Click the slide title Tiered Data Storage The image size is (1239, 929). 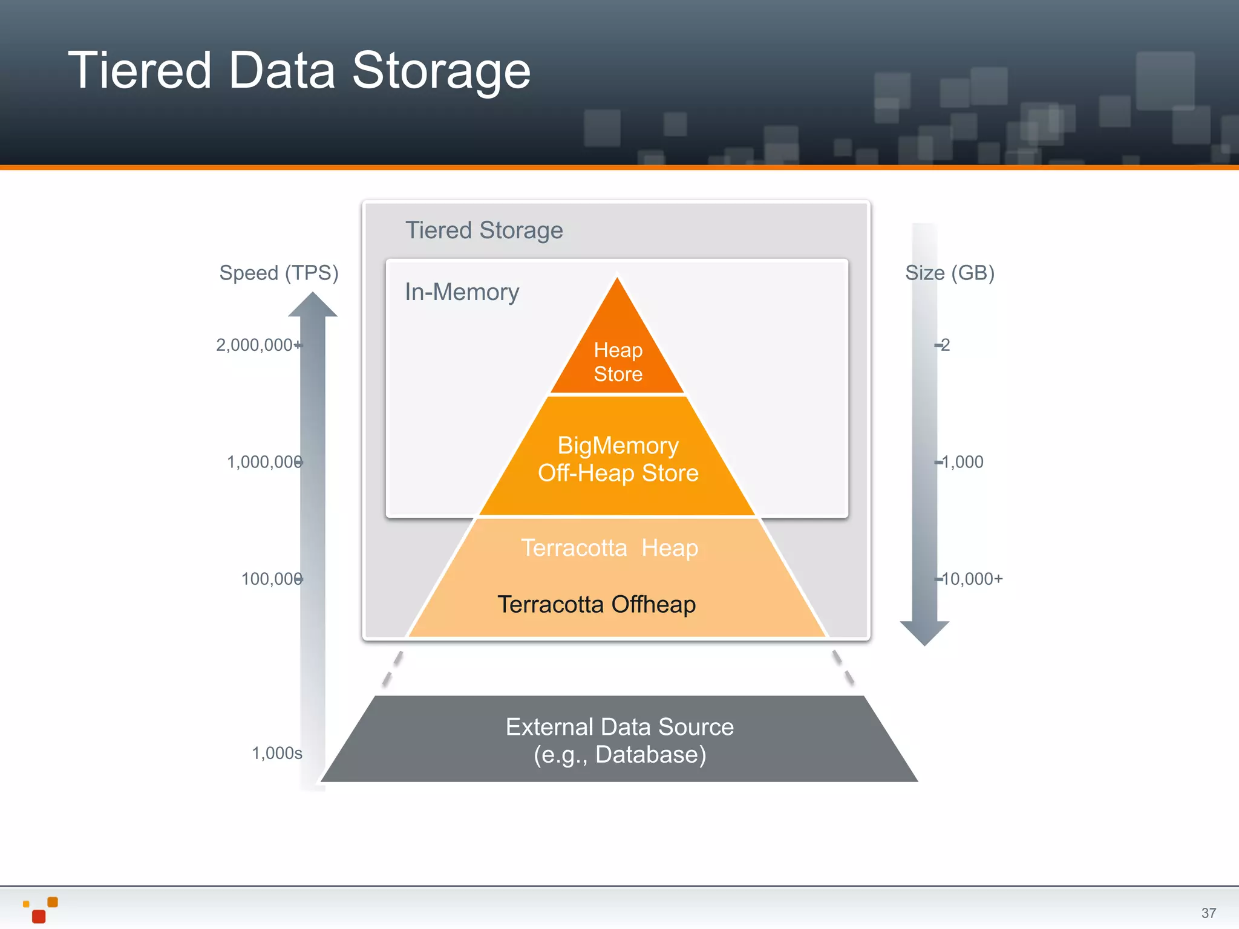pyautogui.click(x=299, y=71)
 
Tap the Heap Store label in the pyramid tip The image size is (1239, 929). pyautogui.click(x=618, y=362)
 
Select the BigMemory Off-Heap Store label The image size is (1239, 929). pyautogui.click(x=618, y=459)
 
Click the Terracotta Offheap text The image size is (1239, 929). pyautogui.click(x=597, y=604)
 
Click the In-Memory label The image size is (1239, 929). pyautogui.click(x=462, y=292)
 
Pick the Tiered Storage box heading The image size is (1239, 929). pyautogui.click(x=484, y=230)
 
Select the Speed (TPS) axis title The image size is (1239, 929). pyautogui.click(x=279, y=273)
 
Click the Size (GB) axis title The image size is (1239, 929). pyautogui.click(x=950, y=273)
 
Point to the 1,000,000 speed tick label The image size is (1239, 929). pyautogui.click(x=264, y=462)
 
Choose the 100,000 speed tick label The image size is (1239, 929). pyautogui.click(x=272, y=579)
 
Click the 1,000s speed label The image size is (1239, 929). pyautogui.click(x=277, y=753)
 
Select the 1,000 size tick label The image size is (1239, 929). pyautogui.click(x=963, y=462)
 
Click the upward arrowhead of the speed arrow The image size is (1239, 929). pyautogui.click(x=312, y=305)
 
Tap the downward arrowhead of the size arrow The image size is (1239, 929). pyautogui.click(x=924, y=631)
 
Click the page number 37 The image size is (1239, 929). pyautogui.click(x=1209, y=913)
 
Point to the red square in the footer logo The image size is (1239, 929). pyautogui.click(x=39, y=916)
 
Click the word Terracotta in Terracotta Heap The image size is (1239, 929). pyautogui.click(x=574, y=548)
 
